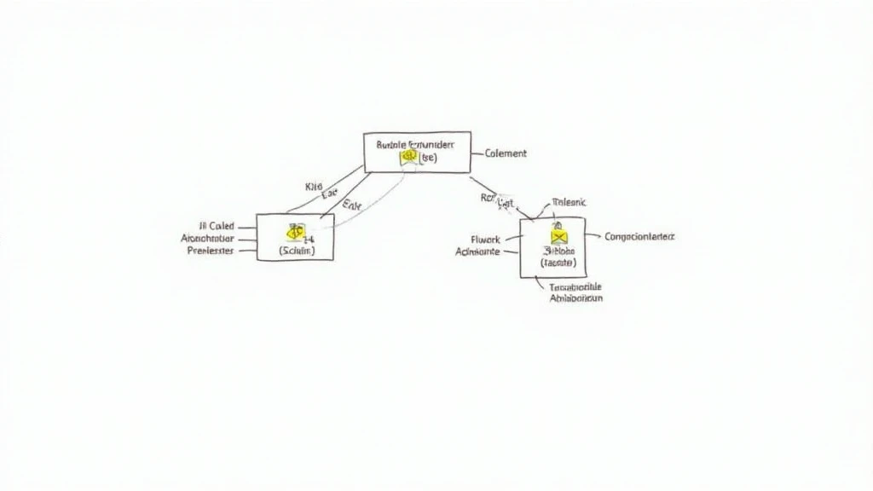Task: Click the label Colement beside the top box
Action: (506, 153)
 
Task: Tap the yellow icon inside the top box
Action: (408, 158)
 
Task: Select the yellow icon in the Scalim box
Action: (294, 230)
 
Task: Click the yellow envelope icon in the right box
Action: (558, 237)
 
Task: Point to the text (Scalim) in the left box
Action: (297, 251)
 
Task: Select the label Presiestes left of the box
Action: (210, 251)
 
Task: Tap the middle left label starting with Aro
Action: (207, 239)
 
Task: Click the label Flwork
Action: (485, 240)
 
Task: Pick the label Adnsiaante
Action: (478, 252)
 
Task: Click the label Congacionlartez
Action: (639, 236)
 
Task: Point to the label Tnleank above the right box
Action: (569, 202)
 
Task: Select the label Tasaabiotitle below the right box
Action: (575, 286)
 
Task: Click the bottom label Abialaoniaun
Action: (575, 298)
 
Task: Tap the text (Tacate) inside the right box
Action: (558, 263)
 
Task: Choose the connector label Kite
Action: (313, 186)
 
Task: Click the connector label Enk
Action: (351, 205)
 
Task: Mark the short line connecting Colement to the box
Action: (477, 154)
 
